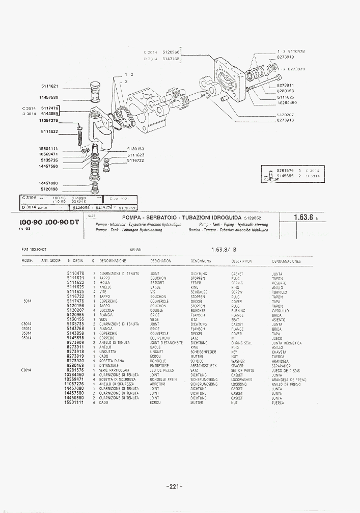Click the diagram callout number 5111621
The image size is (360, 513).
(49, 86)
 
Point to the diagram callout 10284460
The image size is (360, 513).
(287, 103)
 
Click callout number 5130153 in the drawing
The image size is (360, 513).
(135, 149)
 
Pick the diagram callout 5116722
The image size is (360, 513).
(135, 160)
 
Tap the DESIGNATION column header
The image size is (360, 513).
(161, 261)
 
